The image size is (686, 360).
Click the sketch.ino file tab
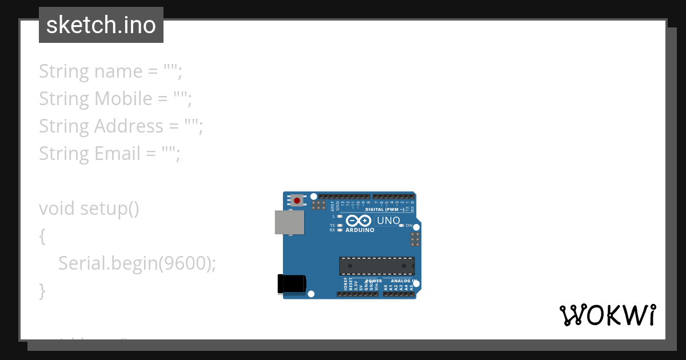click(101, 25)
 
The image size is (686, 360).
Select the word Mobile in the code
click(123, 99)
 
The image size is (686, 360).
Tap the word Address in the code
click(129, 126)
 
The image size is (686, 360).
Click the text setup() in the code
click(109, 209)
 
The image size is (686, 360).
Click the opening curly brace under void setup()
click(42, 236)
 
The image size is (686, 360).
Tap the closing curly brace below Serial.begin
click(42, 291)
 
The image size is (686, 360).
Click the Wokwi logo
click(607, 315)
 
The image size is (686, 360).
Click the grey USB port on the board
click(290, 222)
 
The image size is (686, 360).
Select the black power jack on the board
click(292, 284)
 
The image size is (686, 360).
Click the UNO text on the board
click(388, 221)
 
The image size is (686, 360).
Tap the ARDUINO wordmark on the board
click(360, 230)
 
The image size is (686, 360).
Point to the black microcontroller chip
click(377, 266)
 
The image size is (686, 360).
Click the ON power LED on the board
click(402, 226)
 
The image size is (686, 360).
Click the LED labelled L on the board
click(340, 217)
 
